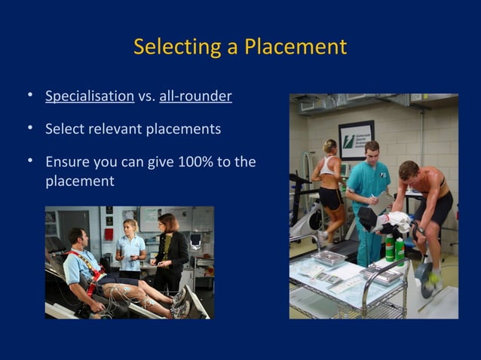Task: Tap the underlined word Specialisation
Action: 90,96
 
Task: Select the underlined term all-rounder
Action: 195,96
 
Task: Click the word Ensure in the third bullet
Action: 67,162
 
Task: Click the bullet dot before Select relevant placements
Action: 29,129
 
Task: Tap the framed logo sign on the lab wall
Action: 356,139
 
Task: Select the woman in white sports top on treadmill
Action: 329,181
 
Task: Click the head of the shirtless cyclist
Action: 408,171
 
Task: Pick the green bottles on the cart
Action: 394,249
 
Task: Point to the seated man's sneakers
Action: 180,300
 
